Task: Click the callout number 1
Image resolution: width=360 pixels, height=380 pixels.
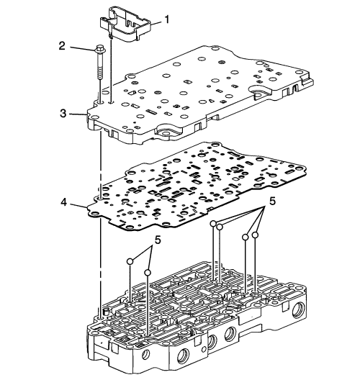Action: [166, 19]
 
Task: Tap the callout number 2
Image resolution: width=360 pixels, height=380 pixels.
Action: [62, 46]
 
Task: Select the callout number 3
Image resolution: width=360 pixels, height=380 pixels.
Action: [63, 113]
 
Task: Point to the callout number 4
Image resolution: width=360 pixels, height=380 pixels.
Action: [64, 202]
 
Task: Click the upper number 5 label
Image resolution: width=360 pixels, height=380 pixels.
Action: [272, 201]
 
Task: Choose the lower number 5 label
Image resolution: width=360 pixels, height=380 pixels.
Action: [158, 240]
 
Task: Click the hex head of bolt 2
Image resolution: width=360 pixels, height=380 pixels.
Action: [99, 48]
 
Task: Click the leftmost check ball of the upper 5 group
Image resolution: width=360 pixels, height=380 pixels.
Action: [213, 224]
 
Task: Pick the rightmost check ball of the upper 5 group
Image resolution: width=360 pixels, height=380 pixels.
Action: [255, 235]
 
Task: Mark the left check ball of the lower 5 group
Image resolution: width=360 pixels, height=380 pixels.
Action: [130, 261]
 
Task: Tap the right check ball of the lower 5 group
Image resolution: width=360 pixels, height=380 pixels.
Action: [148, 273]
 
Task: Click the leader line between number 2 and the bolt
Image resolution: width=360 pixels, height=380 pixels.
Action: [82, 48]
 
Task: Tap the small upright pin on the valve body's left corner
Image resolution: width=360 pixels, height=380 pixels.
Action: [105, 312]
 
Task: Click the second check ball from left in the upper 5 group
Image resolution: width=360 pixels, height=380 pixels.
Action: [220, 227]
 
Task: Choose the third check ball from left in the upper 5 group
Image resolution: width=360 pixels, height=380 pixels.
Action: [246, 237]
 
